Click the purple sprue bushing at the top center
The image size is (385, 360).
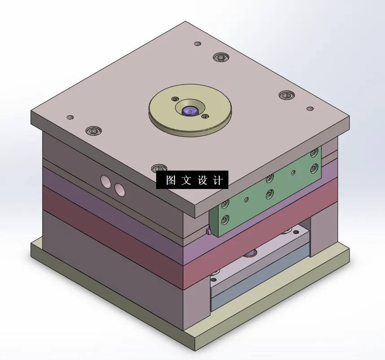[x=189, y=110]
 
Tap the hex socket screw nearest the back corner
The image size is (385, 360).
[x=221, y=57]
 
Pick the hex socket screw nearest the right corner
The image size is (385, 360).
[x=286, y=95]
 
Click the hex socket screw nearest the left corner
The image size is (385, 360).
[x=94, y=131]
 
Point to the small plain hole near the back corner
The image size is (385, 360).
[x=197, y=44]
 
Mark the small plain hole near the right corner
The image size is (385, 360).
[x=310, y=109]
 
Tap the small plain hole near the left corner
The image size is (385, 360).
[x=70, y=118]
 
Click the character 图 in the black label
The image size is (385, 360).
[x=171, y=180]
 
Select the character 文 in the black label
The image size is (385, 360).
[x=186, y=180]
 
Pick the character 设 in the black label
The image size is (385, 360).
[x=202, y=180]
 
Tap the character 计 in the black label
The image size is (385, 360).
[x=217, y=180]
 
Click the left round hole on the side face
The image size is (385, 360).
[x=106, y=181]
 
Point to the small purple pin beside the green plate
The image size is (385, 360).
[x=208, y=232]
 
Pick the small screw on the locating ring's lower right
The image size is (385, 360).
[x=205, y=117]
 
